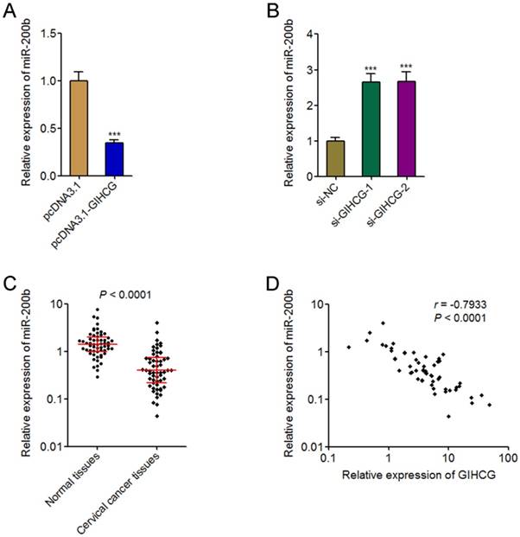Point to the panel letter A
coord(11,11)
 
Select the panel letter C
coord(11,283)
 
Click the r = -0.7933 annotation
coord(459,305)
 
